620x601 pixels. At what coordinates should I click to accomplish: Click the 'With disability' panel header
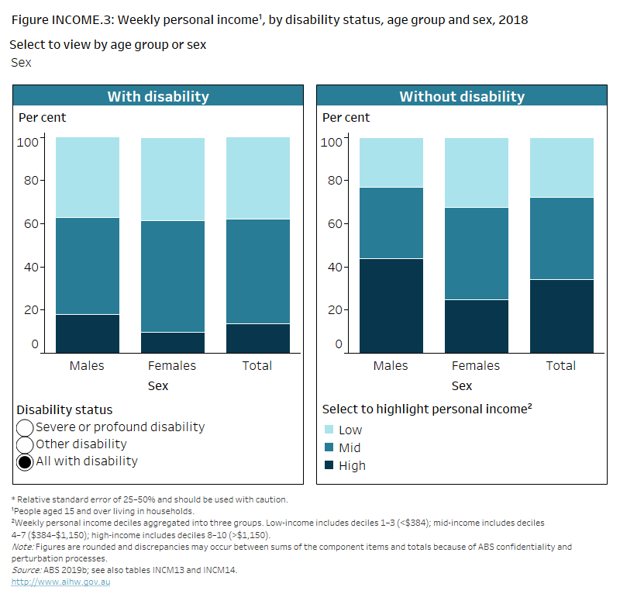point(158,97)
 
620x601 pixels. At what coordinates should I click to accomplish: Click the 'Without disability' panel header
point(462,97)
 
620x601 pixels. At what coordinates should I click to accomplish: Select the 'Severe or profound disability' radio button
point(25,427)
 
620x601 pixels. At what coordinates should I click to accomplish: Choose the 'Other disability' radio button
point(25,444)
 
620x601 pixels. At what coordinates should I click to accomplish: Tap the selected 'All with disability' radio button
point(25,461)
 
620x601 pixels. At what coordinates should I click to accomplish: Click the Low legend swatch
point(328,430)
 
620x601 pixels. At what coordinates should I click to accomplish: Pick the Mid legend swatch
point(328,447)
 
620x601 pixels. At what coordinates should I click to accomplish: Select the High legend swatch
point(328,465)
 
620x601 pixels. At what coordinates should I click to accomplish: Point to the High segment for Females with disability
point(172,342)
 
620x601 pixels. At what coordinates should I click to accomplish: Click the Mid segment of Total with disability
point(257,271)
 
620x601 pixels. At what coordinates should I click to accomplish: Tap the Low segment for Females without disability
point(476,172)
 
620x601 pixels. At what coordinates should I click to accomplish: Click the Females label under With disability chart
point(172,365)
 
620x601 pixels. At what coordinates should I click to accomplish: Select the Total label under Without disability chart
point(561,365)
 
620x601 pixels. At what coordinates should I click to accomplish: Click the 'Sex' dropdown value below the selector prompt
point(21,62)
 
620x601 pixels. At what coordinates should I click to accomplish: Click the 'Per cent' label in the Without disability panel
point(346,118)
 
